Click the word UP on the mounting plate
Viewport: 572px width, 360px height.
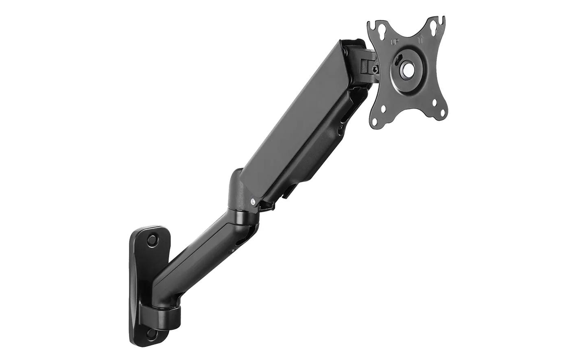pos(394,41)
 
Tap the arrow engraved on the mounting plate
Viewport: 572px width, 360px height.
pos(421,40)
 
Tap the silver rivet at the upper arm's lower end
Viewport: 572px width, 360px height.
pos(253,201)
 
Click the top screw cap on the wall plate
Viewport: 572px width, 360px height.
pos(153,240)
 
